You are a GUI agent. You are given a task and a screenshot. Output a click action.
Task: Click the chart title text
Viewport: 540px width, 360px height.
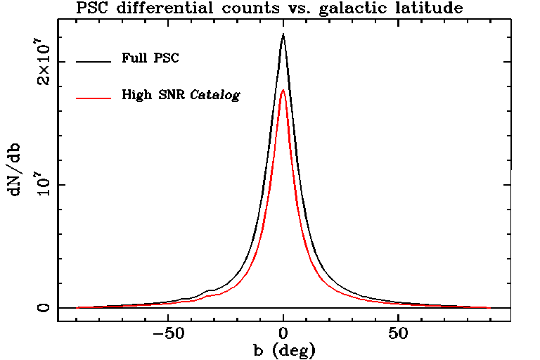(269, 8)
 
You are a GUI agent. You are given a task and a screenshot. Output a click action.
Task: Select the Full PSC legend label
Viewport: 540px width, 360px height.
(150, 58)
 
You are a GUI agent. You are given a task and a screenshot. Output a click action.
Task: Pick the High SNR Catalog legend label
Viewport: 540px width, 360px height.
(181, 94)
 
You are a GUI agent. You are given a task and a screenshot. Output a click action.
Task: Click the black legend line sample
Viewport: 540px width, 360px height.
(94, 61)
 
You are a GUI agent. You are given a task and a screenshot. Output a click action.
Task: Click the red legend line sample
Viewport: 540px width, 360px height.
(94, 97)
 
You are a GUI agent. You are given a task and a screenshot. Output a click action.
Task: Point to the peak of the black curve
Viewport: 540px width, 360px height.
(283, 34)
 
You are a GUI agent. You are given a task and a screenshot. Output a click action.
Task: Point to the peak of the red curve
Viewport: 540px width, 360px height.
(283, 90)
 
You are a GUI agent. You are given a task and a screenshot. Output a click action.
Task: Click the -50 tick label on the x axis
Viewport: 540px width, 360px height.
(168, 333)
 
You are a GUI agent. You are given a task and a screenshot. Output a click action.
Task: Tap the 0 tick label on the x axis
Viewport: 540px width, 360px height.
(283, 333)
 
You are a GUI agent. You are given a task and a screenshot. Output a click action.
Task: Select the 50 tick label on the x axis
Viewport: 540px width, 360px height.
(398, 333)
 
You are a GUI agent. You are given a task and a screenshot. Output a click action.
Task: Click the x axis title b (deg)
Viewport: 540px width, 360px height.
(284, 349)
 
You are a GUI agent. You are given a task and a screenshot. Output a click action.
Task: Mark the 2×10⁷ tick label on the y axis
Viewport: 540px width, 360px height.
(44, 62)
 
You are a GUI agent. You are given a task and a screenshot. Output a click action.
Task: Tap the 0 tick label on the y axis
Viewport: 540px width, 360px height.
(44, 308)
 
